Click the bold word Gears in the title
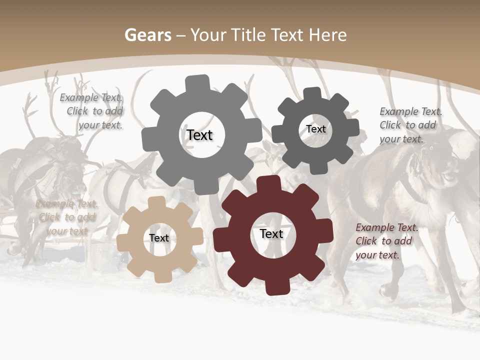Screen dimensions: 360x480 point(147,35)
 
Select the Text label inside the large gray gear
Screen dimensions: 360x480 point(199,135)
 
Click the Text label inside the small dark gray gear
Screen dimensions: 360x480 point(315,129)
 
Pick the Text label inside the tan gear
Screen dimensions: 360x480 point(159,238)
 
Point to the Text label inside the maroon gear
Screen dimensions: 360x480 point(271,233)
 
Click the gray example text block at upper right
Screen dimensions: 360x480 point(410,125)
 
